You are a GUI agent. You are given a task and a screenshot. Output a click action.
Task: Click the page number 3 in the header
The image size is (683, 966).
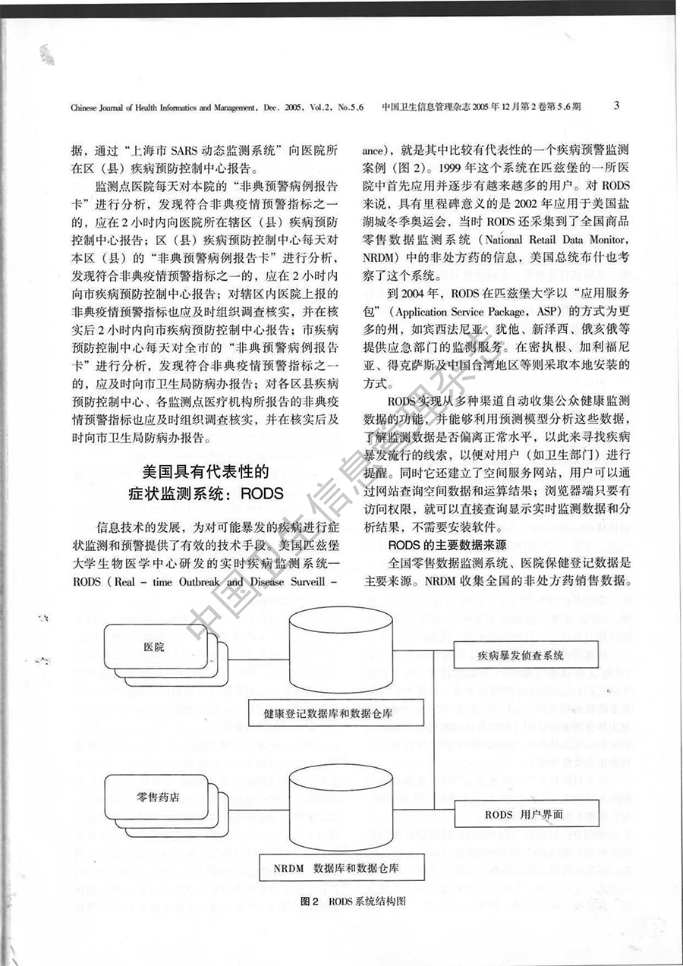pyautogui.click(x=615, y=105)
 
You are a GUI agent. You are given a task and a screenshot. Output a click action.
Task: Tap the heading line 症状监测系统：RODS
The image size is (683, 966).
pyautogui.click(x=206, y=494)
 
